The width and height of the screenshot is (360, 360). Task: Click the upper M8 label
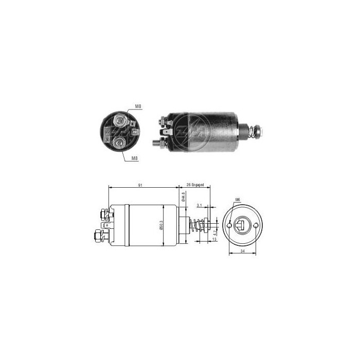[x=138, y=106]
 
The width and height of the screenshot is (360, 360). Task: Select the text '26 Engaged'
[x=195, y=184]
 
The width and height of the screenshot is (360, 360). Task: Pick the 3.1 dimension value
[x=199, y=205]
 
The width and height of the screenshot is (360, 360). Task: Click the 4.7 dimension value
[x=214, y=232]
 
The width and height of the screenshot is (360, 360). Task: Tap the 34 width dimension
[x=242, y=252]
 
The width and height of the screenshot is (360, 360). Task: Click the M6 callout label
[x=237, y=200]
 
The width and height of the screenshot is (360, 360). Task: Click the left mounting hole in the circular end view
[x=229, y=224]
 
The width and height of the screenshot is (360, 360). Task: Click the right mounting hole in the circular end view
[x=254, y=224]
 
